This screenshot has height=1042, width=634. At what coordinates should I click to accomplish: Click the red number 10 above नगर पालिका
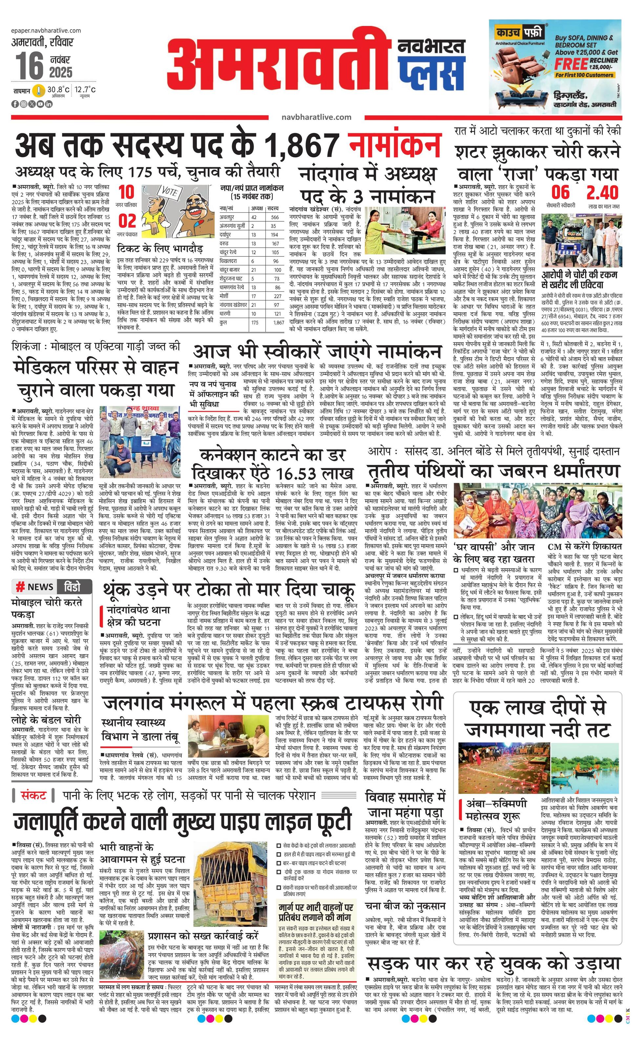(x=126, y=193)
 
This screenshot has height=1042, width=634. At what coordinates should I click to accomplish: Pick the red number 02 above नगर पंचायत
(x=127, y=221)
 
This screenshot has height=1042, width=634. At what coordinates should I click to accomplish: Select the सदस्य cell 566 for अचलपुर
(x=275, y=217)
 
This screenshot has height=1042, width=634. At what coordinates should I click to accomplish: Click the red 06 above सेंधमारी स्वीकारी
(x=560, y=193)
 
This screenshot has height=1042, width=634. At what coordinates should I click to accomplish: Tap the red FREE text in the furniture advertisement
(x=571, y=64)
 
